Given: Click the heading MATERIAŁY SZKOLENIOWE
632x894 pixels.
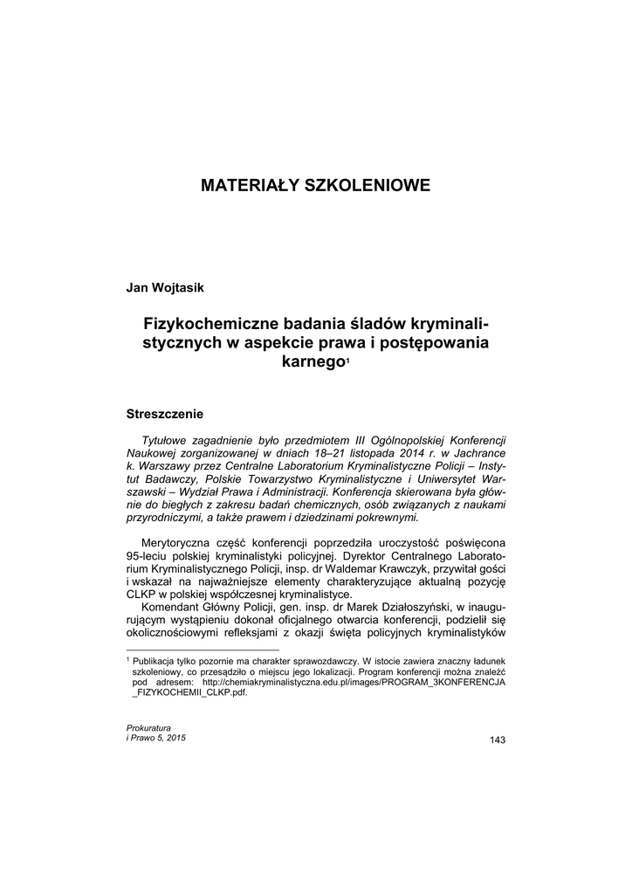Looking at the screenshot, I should [315, 185].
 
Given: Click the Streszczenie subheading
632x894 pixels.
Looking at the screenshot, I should [165, 410].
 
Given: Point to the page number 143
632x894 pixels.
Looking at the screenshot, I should [498, 740].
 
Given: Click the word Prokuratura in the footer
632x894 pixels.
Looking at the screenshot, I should [149, 727].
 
